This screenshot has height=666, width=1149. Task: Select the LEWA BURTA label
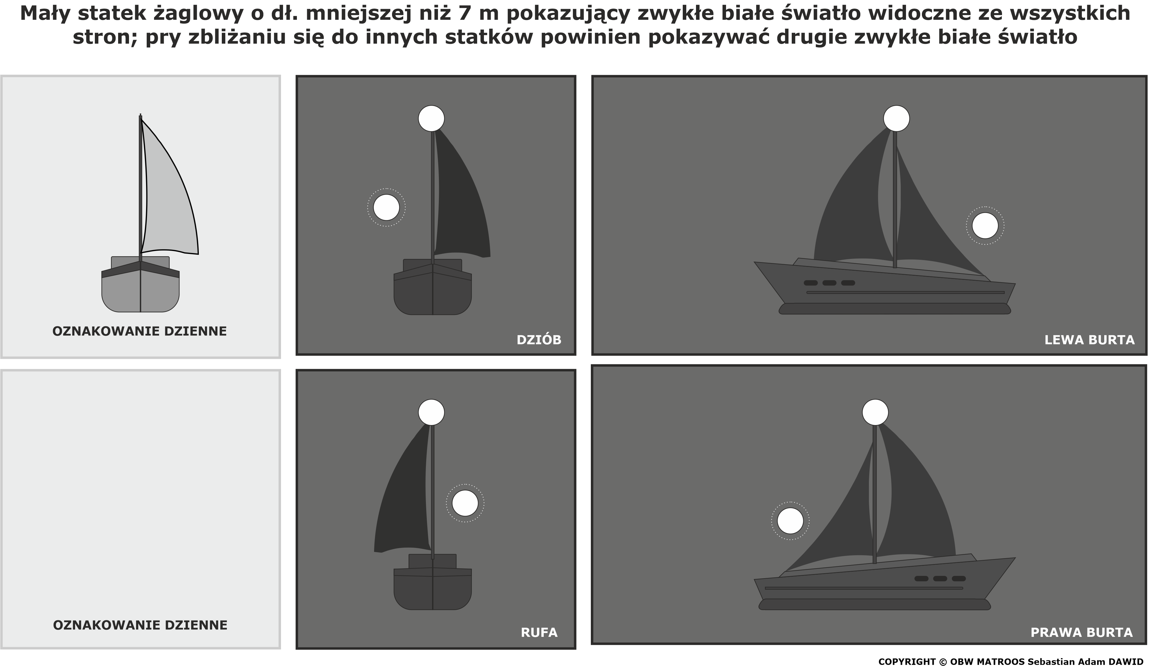click(x=1089, y=340)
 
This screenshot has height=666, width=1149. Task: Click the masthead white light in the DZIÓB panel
click(x=431, y=118)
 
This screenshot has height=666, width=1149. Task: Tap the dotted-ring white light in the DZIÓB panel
click(x=386, y=207)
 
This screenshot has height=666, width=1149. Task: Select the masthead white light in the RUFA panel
click(x=431, y=413)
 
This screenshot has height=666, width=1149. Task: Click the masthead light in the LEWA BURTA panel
click(x=896, y=118)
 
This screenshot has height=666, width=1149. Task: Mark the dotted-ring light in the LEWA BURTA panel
click(x=985, y=226)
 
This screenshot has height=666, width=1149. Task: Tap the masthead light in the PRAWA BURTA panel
click(x=875, y=413)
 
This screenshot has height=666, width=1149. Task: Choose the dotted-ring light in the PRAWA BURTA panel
click(x=790, y=520)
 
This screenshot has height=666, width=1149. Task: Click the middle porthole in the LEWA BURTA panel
click(x=829, y=282)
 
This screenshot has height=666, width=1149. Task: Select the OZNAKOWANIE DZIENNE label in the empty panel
click(x=140, y=625)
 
